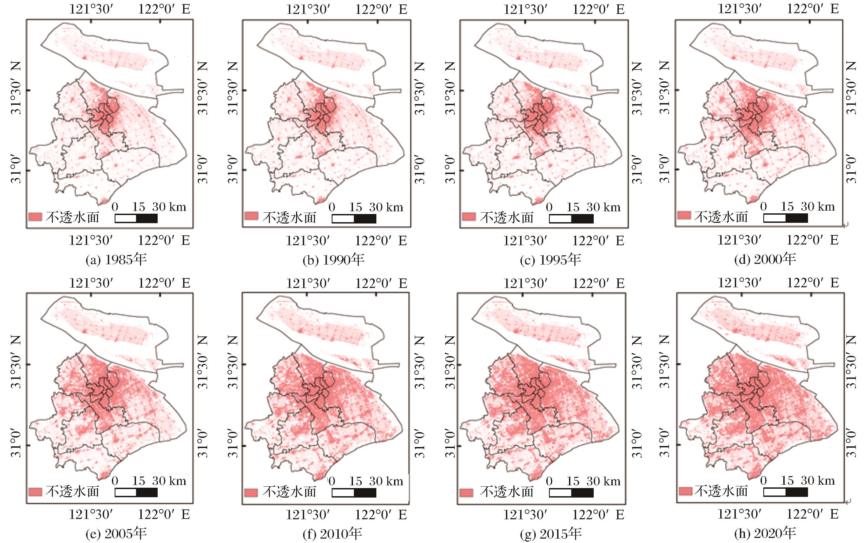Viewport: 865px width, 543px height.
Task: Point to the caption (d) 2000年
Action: (x=765, y=259)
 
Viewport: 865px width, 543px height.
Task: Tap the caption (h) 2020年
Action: (x=765, y=533)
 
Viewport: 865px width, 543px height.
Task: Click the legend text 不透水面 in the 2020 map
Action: (x=720, y=491)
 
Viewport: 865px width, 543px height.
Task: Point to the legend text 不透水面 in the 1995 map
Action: (x=506, y=218)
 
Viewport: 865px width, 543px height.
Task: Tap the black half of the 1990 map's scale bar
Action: (x=365, y=219)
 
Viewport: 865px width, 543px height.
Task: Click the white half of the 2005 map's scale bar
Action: (x=126, y=492)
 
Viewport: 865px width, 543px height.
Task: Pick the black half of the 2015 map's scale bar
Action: (x=582, y=492)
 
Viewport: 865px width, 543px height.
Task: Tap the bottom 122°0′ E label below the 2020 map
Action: (x=812, y=514)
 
